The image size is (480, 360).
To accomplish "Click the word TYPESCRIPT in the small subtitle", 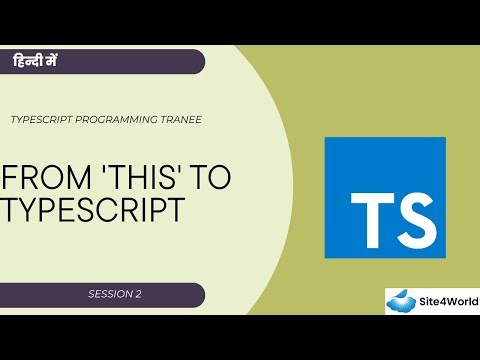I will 42,118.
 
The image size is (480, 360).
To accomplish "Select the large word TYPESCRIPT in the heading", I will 93,210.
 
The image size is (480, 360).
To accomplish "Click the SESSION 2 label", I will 114,295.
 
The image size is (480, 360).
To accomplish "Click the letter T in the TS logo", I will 370,213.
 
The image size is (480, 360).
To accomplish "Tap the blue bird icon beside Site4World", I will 403,300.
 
